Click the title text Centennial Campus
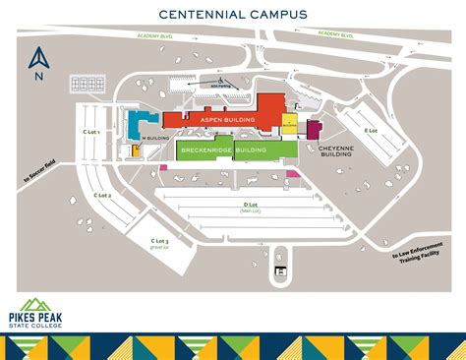(232, 15)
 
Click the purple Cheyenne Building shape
(314, 130)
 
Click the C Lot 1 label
(91, 131)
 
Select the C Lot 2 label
(102, 197)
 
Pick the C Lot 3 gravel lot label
(159, 242)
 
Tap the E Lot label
(371, 130)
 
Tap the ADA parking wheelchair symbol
(222, 81)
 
